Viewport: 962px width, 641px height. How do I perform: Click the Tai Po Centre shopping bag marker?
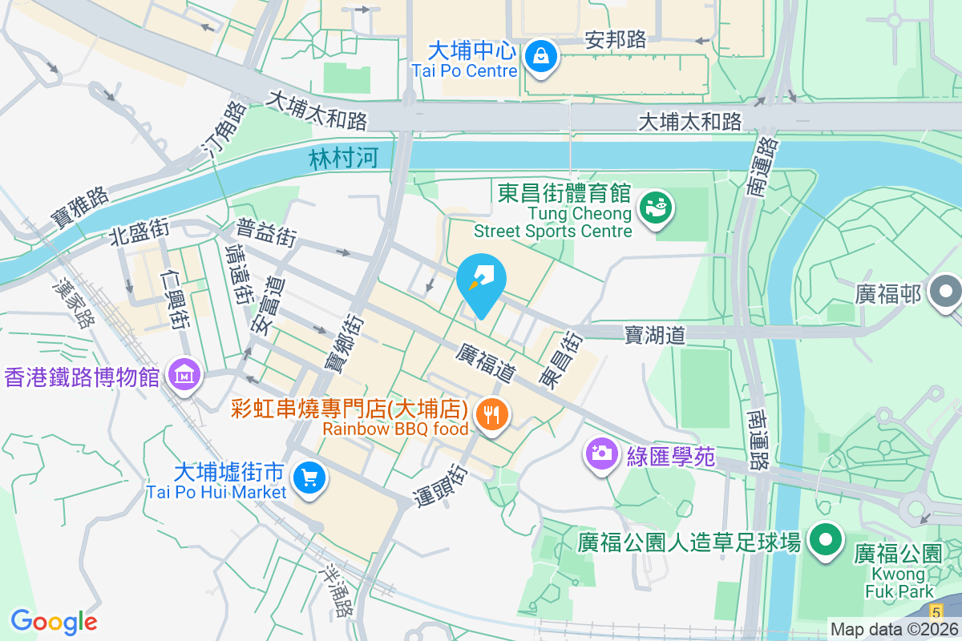(x=542, y=57)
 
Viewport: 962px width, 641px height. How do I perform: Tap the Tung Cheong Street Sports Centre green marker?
(x=656, y=208)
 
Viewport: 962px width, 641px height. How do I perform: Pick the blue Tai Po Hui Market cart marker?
(x=309, y=478)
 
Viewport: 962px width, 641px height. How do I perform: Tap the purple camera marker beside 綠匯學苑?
(x=600, y=454)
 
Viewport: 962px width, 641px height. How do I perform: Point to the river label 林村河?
(x=342, y=158)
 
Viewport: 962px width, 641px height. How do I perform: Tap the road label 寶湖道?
(x=655, y=334)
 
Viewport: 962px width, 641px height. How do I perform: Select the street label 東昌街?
(x=559, y=361)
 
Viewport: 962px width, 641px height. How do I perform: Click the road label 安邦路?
(x=616, y=40)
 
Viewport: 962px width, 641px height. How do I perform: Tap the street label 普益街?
(x=266, y=233)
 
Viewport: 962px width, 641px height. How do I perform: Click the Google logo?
(x=54, y=621)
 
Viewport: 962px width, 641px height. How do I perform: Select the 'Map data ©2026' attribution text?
(x=894, y=630)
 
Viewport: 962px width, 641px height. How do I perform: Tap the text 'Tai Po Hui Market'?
(x=216, y=492)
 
